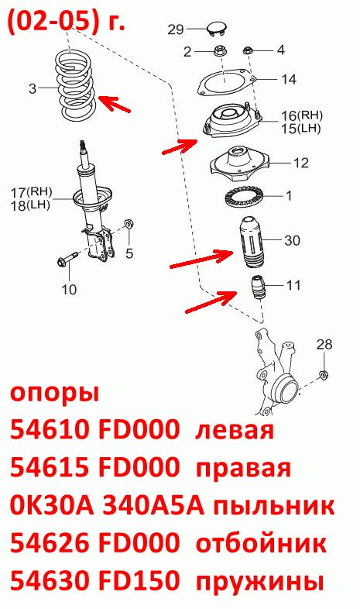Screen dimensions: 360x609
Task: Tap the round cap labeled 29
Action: tap(217, 29)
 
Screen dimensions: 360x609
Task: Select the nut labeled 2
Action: tap(220, 51)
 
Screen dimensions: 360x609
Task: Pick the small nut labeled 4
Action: tap(247, 50)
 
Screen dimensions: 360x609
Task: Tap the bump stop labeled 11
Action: tap(256, 287)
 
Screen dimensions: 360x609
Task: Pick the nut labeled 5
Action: tap(129, 224)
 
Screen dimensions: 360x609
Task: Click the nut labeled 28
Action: tap(323, 375)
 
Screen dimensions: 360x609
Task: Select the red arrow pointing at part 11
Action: tap(211, 301)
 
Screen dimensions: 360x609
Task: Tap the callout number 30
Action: tap(292, 240)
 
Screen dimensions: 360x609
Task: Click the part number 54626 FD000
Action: tap(94, 544)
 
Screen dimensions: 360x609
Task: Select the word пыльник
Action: tap(274, 507)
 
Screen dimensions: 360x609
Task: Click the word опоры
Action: tap(55, 394)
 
